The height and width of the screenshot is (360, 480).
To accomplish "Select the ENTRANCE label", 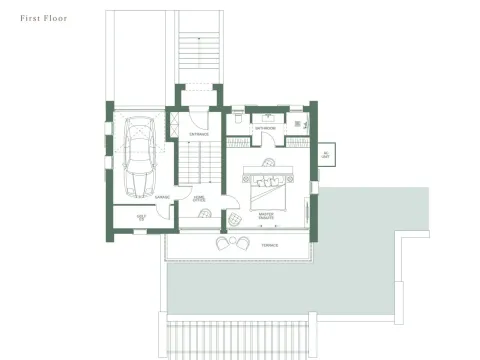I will (x=199, y=133).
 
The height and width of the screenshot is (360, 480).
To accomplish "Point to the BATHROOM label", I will (x=265, y=128).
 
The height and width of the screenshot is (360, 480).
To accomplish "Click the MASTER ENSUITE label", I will (x=265, y=214).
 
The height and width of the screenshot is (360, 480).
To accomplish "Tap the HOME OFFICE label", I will (x=199, y=200).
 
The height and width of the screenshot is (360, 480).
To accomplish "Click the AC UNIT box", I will (x=324, y=154).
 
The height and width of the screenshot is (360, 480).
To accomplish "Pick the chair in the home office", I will (x=231, y=218).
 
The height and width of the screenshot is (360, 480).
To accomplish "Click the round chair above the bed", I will (x=268, y=161).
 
